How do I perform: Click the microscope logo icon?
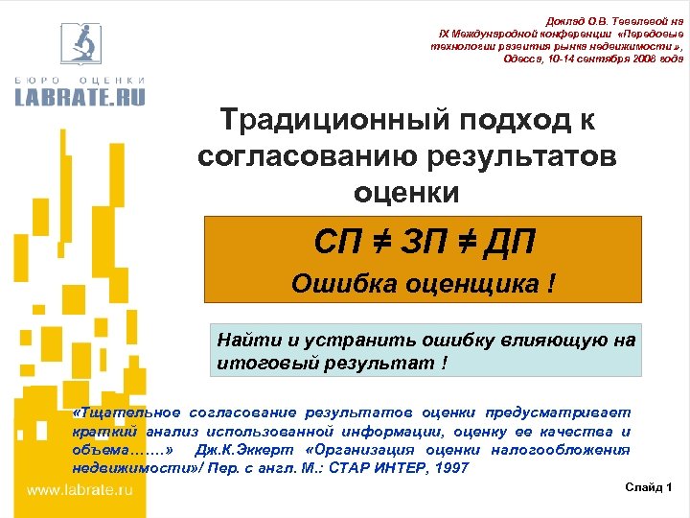click(80, 43)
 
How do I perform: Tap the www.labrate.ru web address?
click(79, 490)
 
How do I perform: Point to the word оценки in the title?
click(406, 192)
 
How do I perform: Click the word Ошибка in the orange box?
click(336, 284)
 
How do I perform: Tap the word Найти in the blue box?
click(243, 340)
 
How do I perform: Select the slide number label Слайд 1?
click(649, 488)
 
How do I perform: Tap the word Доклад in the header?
click(564, 21)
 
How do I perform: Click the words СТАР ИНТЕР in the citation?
click(381, 468)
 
